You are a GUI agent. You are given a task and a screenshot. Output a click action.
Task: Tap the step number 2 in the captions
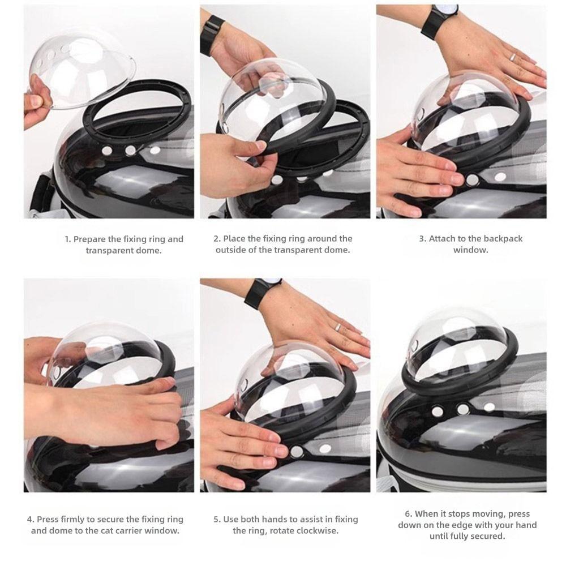216,239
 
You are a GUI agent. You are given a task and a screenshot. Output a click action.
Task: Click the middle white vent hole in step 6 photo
463,409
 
